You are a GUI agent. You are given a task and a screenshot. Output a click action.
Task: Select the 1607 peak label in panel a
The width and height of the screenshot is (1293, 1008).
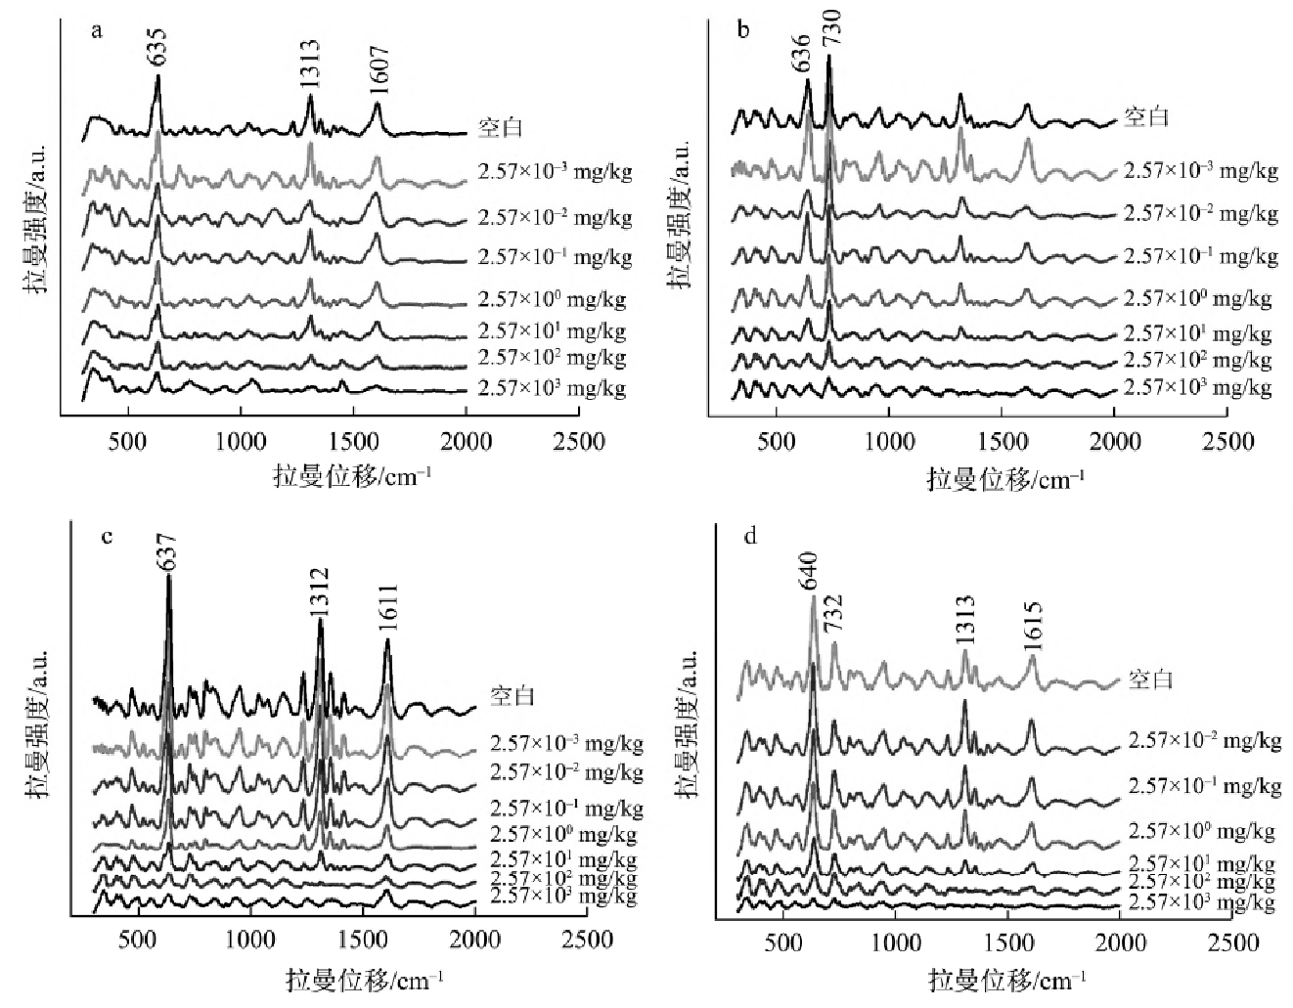tap(379, 70)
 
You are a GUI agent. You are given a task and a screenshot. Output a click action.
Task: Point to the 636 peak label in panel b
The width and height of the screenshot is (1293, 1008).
tap(801, 53)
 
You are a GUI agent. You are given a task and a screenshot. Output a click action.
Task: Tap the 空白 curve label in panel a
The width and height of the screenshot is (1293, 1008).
tap(501, 126)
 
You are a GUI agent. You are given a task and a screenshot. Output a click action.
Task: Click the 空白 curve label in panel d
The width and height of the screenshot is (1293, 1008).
tap(1150, 678)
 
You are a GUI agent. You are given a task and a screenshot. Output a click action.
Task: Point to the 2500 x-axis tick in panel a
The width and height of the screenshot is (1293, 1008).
tap(578, 442)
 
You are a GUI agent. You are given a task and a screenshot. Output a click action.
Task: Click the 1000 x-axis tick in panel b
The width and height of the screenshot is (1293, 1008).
tap(889, 442)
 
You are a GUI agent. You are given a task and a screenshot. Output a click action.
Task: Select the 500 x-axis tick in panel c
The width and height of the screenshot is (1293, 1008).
tap(137, 940)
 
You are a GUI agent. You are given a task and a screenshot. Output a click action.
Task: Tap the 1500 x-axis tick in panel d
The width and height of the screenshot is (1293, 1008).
tap(1007, 942)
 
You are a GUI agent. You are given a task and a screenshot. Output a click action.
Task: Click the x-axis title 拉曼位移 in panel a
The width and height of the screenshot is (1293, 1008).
tap(353, 477)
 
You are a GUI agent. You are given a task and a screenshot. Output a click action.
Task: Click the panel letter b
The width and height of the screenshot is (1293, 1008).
tap(744, 30)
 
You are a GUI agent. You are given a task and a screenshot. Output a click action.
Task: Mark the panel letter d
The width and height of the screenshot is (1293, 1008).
tap(751, 538)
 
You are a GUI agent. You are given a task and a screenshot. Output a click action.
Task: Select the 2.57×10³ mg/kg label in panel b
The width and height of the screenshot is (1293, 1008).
tap(1197, 387)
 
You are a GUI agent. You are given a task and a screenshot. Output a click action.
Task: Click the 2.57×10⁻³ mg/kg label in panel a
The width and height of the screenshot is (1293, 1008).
tap(555, 172)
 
